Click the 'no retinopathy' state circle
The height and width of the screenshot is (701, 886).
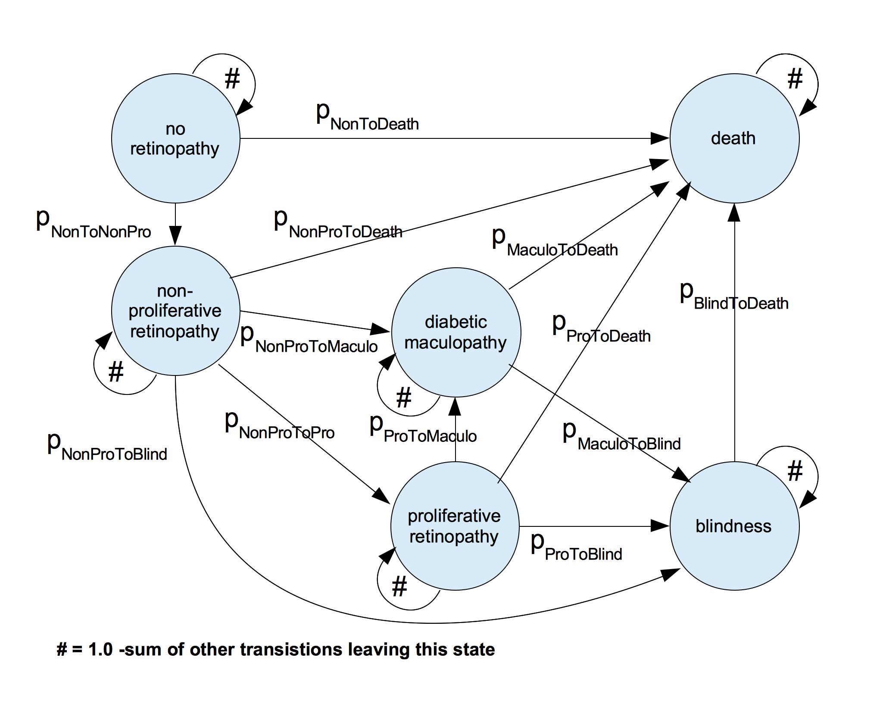pyautogui.click(x=175, y=138)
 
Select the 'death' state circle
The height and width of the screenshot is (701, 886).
pyautogui.click(x=734, y=138)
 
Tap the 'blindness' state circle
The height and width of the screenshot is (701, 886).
pyautogui.click(x=734, y=526)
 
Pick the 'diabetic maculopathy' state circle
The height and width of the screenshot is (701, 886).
pyautogui.click(x=456, y=332)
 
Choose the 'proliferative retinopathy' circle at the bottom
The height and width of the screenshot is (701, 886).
pyautogui.click(x=455, y=526)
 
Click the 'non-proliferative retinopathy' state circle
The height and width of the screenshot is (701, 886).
pyautogui.click(x=175, y=311)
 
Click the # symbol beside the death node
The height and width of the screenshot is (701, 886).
pyautogui.click(x=795, y=79)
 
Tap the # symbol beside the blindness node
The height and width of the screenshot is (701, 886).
pyautogui.click(x=795, y=471)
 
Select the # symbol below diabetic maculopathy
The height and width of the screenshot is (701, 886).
pyautogui.click(x=403, y=397)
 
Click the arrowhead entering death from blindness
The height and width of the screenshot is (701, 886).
pyautogui.click(x=734, y=212)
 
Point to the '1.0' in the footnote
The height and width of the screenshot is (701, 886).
pyautogui.click(x=100, y=649)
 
